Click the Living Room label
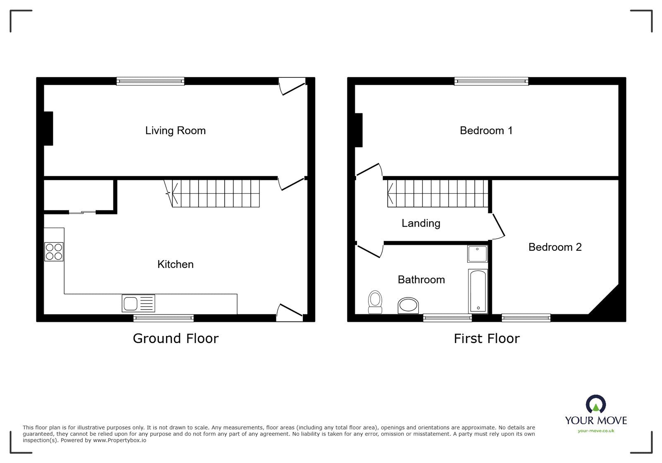175,131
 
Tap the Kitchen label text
175,264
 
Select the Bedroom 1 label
486,131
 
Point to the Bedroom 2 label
555,247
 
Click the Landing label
421,223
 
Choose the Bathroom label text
421,280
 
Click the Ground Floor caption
175,338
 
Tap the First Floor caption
487,338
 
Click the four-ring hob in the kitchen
54,252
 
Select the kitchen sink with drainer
138,303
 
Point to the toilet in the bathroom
375,302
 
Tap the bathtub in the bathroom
478,291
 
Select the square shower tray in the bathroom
477,254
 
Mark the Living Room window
150,81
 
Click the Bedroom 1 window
491,81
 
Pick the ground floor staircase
215,193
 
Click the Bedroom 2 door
498,226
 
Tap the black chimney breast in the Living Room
48,128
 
